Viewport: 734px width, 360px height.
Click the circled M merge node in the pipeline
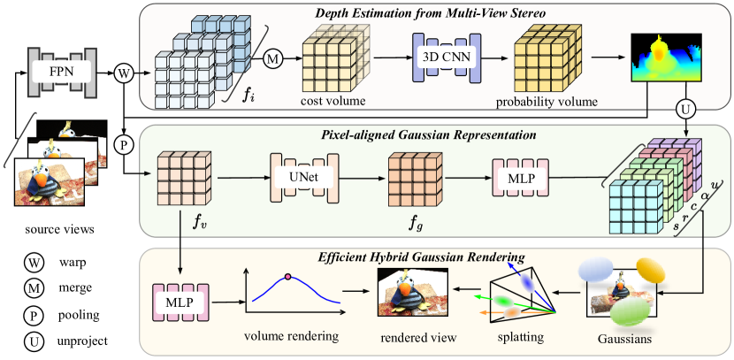coord(276,59)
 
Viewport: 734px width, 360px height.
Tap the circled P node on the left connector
coord(124,142)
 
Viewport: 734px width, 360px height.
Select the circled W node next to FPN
coord(124,72)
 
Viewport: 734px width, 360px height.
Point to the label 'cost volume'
coord(334,104)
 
